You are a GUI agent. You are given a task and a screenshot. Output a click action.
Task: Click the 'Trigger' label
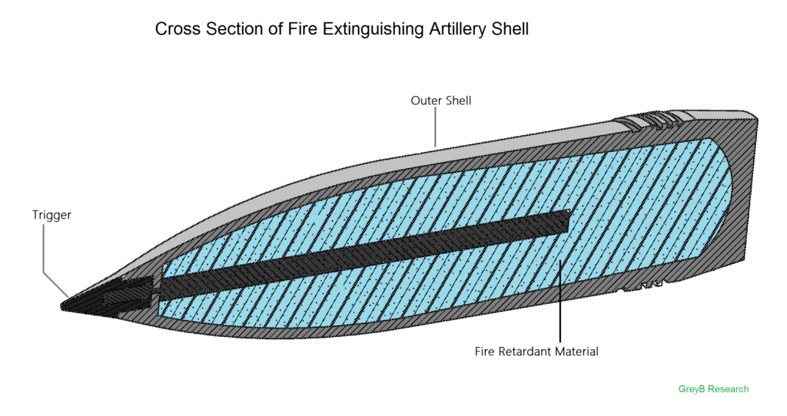pos(51,215)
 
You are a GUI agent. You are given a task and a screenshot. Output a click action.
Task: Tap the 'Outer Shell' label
pos(440,101)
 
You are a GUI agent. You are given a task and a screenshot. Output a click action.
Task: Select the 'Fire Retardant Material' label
pos(536,352)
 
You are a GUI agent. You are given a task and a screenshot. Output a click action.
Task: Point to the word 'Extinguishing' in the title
pos(374,29)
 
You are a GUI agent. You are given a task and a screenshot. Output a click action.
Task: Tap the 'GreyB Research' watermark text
pos(713,389)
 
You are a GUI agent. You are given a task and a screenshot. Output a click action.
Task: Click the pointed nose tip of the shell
pos(61,305)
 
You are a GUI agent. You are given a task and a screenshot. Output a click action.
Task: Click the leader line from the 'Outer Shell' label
pos(435,127)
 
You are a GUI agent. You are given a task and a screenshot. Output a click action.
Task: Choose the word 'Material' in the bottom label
pos(577,352)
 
